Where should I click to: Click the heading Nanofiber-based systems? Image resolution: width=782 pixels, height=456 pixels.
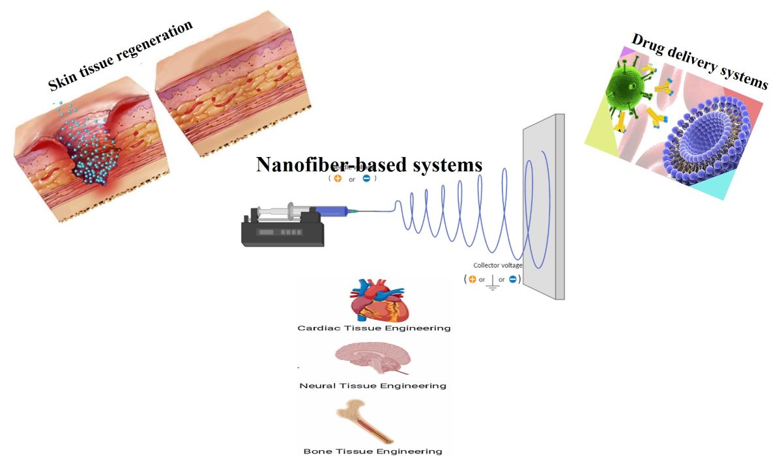coord(369,164)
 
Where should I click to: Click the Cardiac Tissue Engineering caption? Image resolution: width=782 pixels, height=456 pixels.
coord(374,328)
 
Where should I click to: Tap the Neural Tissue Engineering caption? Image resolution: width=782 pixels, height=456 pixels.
coord(373,386)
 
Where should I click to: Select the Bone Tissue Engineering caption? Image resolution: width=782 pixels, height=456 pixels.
coord(373,451)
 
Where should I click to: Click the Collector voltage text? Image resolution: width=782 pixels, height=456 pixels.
coord(498,266)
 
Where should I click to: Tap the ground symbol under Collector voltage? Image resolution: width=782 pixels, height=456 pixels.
coord(492,281)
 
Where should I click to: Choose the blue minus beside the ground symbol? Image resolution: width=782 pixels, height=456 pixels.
coord(513,279)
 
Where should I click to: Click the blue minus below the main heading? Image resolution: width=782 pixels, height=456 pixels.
coord(366,178)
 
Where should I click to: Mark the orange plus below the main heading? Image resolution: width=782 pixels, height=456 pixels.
coord(338,178)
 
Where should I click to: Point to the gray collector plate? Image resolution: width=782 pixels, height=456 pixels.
coord(542,208)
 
